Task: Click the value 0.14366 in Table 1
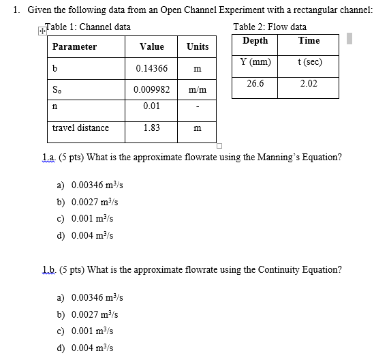click(147, 69)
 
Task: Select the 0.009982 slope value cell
click(151, 90)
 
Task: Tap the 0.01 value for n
click(151, 106)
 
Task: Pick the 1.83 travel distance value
click(151, 127)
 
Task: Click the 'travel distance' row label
click(80, 127)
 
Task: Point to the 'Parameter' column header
click(74, 47)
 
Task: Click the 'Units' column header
click(198, 47)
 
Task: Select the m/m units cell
click(198, 90)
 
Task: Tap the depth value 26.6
click(255, 83)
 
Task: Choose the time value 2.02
click(309, 83)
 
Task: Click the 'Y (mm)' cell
click(255, 62)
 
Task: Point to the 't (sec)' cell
click(309, 62)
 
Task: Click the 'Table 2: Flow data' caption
click(270, 27)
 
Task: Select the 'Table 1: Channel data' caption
click(88, 27)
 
